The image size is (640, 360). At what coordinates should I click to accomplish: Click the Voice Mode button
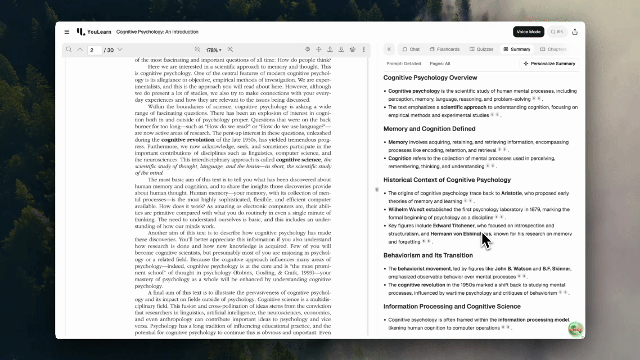(529, 32)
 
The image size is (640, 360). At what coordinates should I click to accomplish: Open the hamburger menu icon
(67, 32)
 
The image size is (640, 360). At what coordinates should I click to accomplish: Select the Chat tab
(411, 49)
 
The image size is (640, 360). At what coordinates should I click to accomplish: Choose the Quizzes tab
(481, 49)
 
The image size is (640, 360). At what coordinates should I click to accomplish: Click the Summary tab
(517, 49)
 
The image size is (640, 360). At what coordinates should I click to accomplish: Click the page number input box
(94, 50)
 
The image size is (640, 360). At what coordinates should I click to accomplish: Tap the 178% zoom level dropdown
(214, 50)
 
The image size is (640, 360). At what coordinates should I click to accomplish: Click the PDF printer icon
(353, 49)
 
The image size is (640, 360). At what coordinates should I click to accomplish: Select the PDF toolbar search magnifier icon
(69, 49)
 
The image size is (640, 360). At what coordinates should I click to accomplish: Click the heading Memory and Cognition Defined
(429, 129)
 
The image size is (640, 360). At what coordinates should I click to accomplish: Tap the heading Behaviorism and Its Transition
(428, 255)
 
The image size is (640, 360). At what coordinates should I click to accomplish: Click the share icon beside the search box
(575, 32)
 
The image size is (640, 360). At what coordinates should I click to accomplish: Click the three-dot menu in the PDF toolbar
(364, 49)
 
